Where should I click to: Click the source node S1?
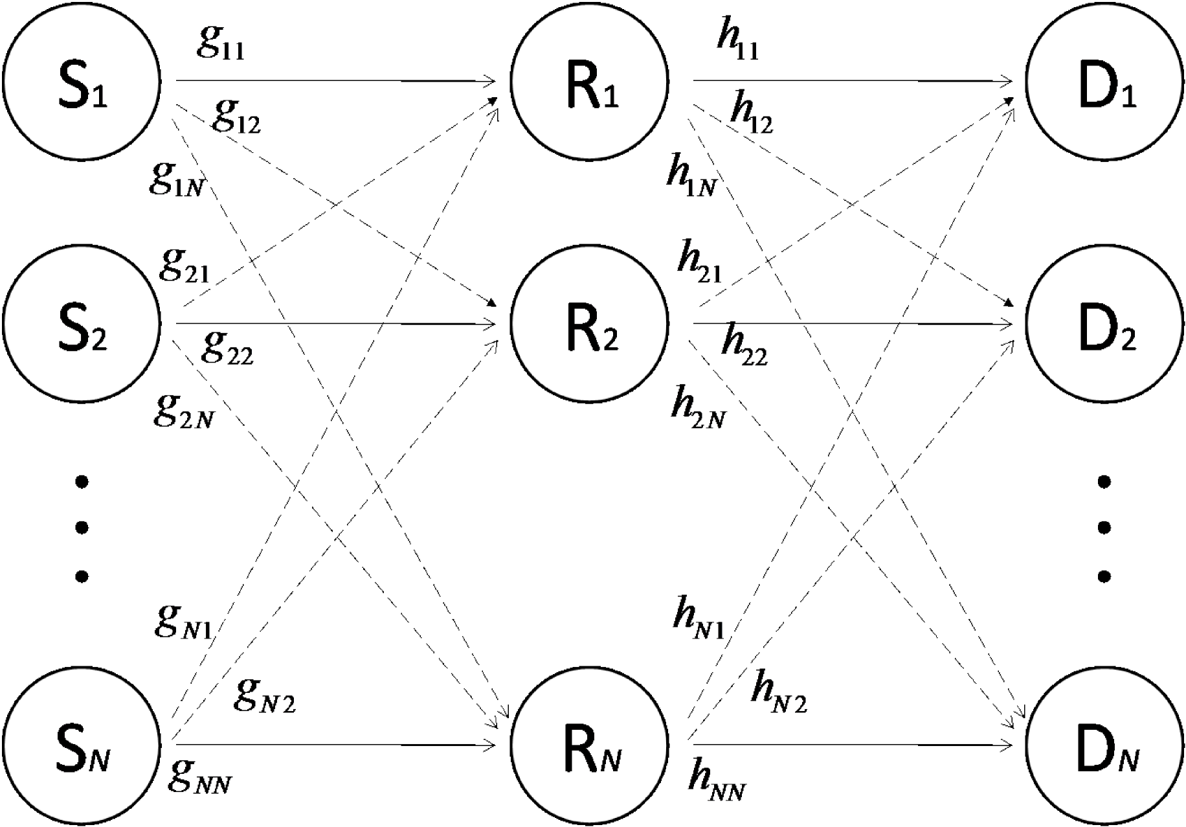81,81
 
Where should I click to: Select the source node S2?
81,324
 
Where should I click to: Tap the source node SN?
81,745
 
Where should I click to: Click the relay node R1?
589,81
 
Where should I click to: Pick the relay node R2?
589,324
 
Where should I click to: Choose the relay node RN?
589,745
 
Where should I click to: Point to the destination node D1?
1105,81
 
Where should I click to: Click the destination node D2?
1105,324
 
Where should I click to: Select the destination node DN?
1105,745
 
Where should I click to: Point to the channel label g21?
184,264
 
